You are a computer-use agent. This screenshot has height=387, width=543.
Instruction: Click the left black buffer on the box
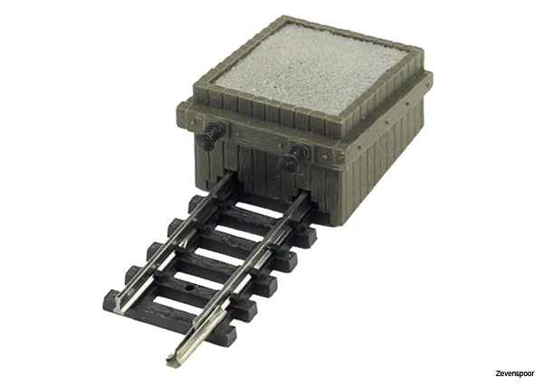(210, 136)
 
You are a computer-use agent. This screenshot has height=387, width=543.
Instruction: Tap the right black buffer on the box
(294, 158)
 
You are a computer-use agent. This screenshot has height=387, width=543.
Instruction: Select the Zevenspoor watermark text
(515, 373)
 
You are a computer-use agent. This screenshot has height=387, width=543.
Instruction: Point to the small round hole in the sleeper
(189, 288)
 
